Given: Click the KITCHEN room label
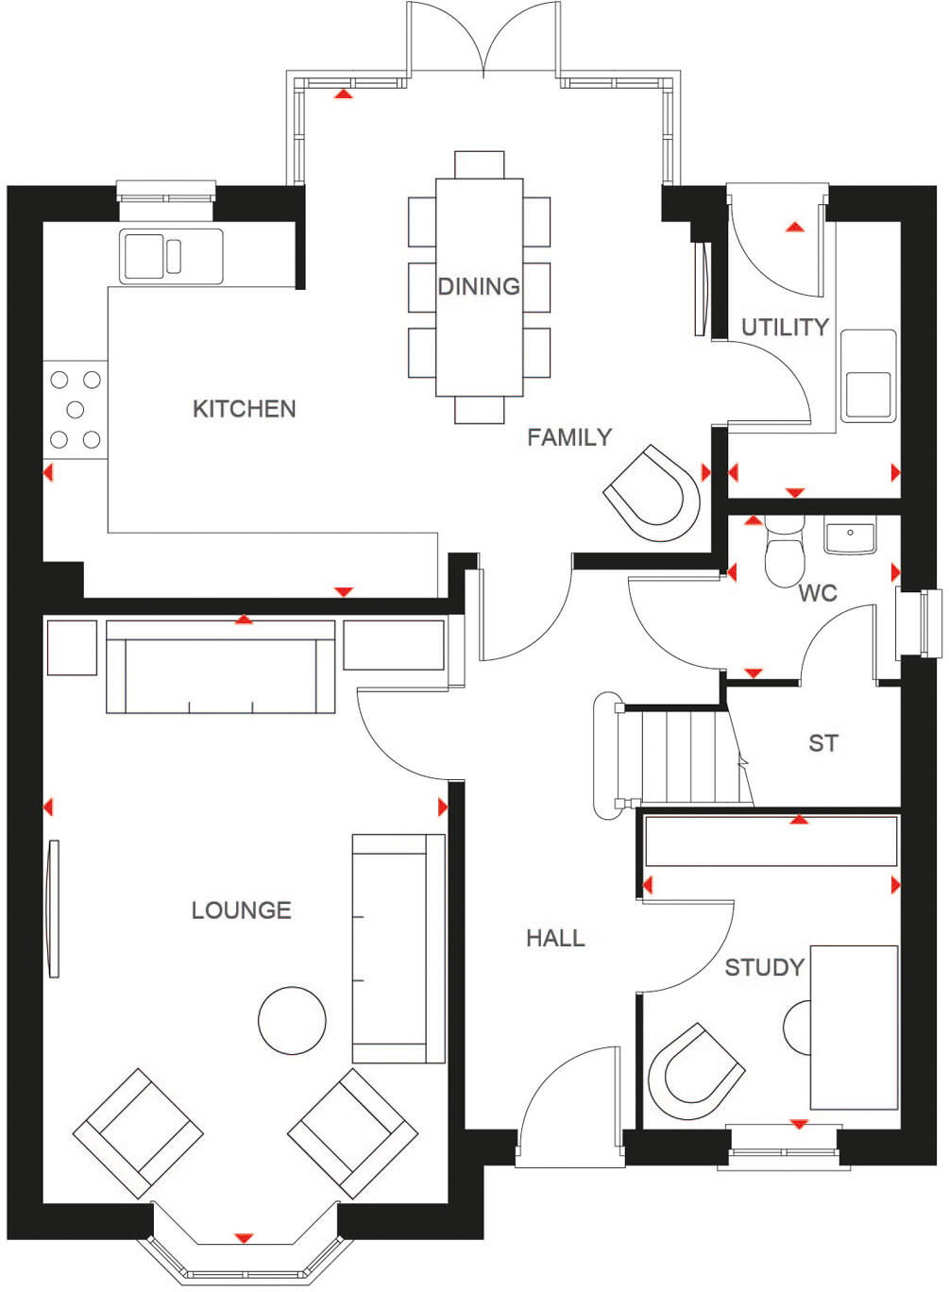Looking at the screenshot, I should tap(244, 409).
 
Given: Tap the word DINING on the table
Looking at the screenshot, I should tap(479, 286).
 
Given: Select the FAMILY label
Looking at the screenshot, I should tap(569, 437).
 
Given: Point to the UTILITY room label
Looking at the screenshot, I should tap(785, 328).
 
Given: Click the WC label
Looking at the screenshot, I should tap(818, 593).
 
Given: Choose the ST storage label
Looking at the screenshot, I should tap(822, 743).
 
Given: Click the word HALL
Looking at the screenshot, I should tap(555, 938).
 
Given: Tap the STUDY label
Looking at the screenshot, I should tap(764, 967).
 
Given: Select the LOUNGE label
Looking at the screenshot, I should tap(241, 910).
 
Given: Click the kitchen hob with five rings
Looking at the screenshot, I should tap(76, 409).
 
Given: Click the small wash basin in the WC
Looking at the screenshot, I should tap(850, 535).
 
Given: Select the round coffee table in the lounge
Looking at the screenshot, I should tap(292, 1020).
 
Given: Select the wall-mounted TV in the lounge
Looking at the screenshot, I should tap(54, 909).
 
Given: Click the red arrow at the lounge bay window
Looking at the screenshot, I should tap(244, 1237).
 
